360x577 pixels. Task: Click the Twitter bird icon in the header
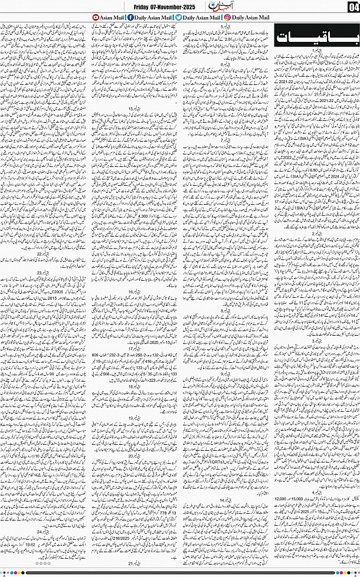tap(178, 18)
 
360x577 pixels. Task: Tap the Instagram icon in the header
tap(227, 18)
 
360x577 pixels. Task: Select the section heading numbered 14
tap(225, 500)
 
